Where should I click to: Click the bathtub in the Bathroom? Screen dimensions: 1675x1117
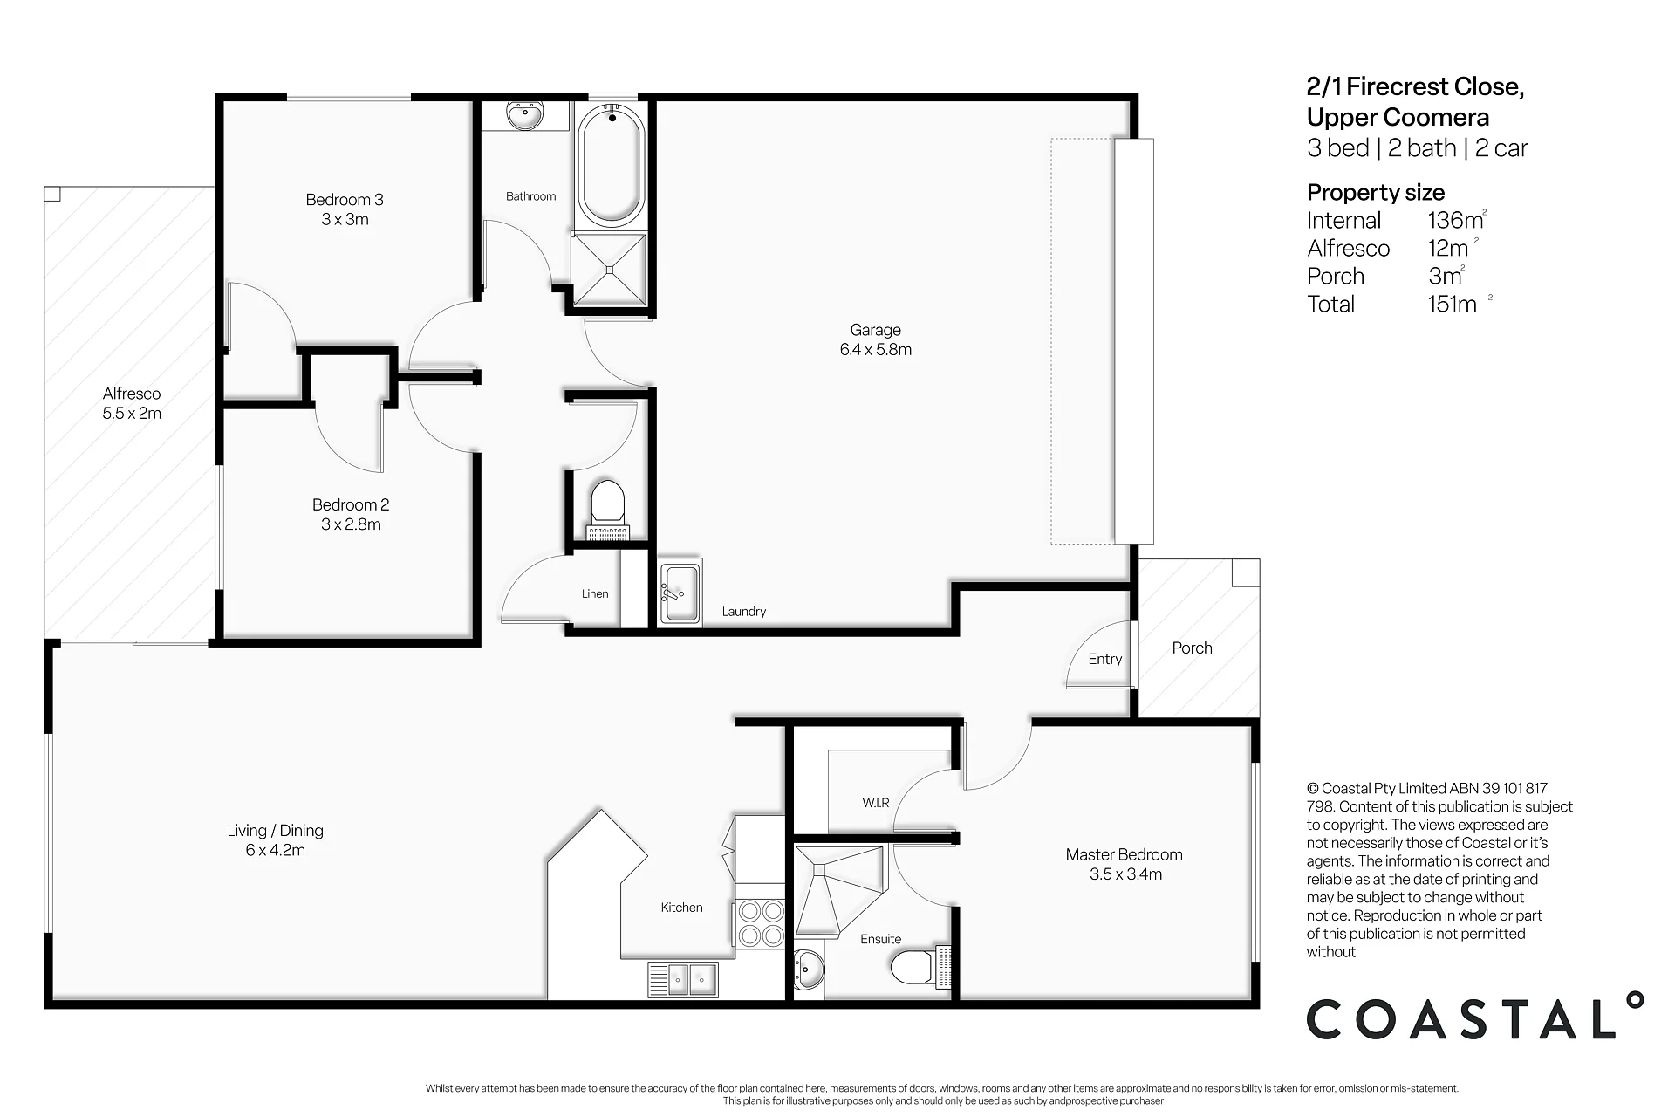(612, 165)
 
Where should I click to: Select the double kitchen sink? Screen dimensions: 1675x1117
(682, 979)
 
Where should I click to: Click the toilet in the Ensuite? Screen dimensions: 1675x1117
(920, 967)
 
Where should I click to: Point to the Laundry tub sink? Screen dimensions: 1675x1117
(680, 593)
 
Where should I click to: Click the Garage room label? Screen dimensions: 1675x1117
(876, 339)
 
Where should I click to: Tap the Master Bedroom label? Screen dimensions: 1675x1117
(1125, 864)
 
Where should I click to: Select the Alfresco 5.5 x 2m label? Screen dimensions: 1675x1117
(132, 403)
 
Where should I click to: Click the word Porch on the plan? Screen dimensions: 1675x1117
(1192, 648)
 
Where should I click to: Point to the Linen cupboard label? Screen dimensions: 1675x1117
(595, 593)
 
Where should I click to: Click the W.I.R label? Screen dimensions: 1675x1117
(876, 803)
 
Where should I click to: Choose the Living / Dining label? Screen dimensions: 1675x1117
(276, 840)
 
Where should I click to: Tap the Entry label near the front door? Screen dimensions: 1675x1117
(1105, 660)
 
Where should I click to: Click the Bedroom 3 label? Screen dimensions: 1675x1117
(345, 209)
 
